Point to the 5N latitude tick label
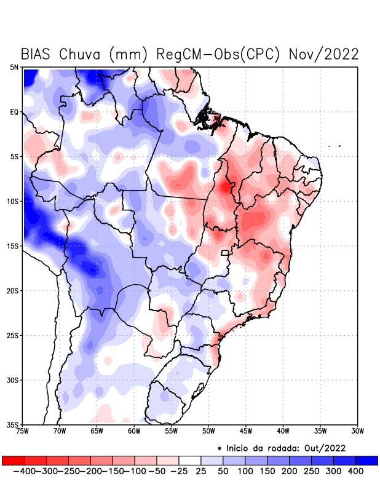(x=14, y=67)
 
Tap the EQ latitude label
(x=14, y=112)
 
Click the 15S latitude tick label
(x=13, y=246)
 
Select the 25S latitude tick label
(x=13, y=335)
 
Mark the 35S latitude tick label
(x=13, y=424)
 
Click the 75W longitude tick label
(x=23, y=431)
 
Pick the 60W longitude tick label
(x=135, y=431)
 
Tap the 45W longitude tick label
(x=247, y=431)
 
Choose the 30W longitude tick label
(x=358, y=431)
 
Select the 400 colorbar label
(x=355, y=470)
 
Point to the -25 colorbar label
(x=178, y=470)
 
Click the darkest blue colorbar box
(x=366, y=460)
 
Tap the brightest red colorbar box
(x=13, y=460)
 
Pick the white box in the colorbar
(x=190, y=460)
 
